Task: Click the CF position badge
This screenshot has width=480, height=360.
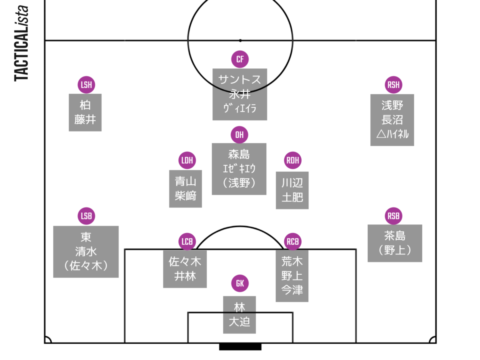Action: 240,60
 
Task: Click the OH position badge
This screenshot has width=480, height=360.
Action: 240,135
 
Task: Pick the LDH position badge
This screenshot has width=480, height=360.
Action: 187,160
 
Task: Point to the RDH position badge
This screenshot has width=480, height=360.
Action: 293,160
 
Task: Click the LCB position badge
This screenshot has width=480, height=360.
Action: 187,242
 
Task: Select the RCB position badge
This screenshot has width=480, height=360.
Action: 293,242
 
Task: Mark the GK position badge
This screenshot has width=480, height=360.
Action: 240,284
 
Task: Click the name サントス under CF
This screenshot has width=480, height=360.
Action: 240,79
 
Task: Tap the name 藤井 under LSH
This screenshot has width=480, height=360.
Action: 85,120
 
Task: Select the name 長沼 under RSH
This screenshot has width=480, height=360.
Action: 392,120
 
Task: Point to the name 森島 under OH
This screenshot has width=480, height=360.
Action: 239,154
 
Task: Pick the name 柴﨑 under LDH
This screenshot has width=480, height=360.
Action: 186,196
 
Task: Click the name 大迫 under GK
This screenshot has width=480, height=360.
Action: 239,322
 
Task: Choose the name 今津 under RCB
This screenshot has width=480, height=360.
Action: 292,290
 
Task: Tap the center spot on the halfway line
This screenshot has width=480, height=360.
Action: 240,40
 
